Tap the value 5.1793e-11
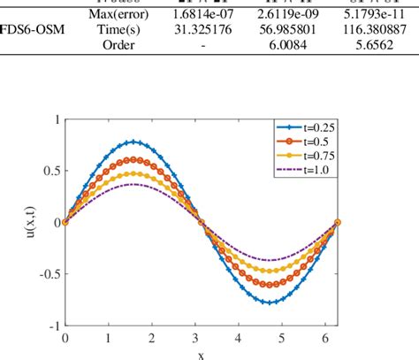(380, 14)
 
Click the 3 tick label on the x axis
(198, 339)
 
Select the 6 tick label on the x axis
(330, 339)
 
